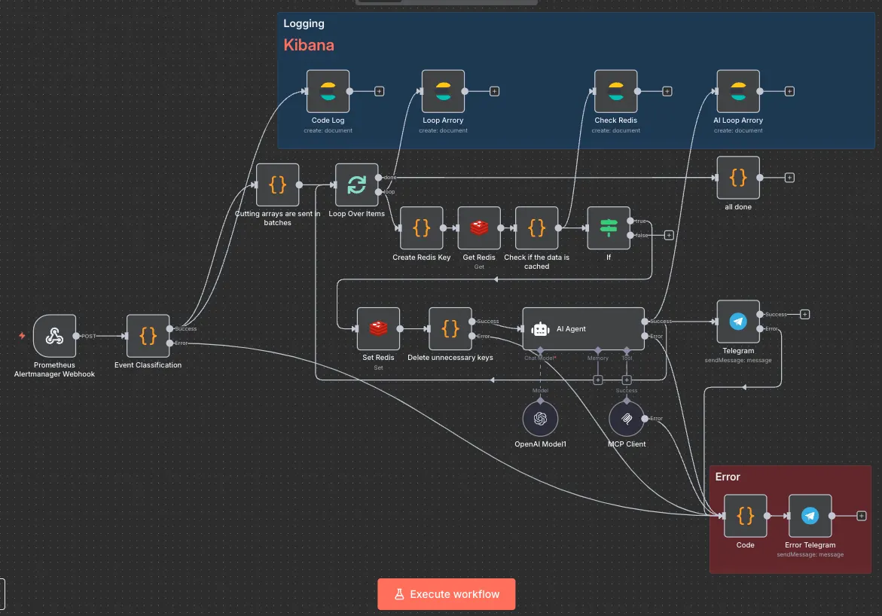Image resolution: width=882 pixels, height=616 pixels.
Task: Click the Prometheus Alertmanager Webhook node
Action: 54,336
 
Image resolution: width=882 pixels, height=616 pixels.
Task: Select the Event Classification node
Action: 148,336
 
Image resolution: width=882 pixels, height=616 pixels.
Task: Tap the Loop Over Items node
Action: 356,184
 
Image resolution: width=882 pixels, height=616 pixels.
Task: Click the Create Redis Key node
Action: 422,227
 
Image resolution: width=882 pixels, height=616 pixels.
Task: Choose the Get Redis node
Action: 479,227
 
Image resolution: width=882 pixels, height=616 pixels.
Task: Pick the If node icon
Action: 609,227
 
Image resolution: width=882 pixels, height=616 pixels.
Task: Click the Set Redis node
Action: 378,328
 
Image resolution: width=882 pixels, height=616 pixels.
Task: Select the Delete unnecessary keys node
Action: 450,328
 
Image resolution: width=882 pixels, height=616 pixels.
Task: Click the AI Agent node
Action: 583,328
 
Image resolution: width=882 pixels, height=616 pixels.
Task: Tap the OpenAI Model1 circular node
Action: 540,419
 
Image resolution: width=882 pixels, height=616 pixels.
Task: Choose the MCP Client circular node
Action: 627,419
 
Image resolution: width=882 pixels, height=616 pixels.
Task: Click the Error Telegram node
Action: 810,516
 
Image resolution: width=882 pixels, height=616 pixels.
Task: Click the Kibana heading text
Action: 309,45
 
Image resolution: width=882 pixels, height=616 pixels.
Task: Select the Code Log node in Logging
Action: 328,91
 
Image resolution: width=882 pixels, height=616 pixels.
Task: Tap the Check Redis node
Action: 615,91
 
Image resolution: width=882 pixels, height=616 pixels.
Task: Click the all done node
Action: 738,178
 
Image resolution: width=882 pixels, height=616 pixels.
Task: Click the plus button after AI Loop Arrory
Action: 789,91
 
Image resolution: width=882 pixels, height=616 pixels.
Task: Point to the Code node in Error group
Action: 745,516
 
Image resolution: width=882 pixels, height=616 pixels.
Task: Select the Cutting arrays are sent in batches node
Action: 277,184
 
